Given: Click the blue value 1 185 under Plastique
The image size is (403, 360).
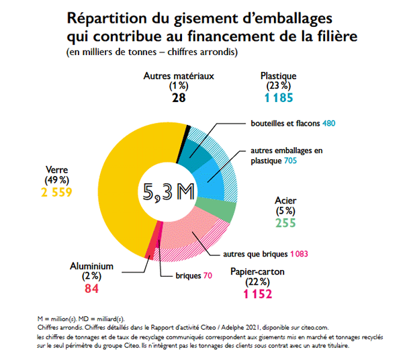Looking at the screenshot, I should [278, 98].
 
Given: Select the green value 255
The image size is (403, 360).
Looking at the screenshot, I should [285, 224].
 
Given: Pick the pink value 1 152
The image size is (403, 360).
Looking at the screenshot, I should [257, 294].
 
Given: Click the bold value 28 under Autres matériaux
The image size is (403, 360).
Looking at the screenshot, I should [178, 98].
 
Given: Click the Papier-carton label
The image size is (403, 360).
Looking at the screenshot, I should [257, 272].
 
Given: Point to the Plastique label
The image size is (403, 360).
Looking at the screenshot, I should [278, 76].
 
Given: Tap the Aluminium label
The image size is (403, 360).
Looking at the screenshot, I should [92, 266].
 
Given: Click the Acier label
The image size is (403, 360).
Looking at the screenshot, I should [285, 200].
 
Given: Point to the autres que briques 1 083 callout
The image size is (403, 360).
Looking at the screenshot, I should [265, 255].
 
